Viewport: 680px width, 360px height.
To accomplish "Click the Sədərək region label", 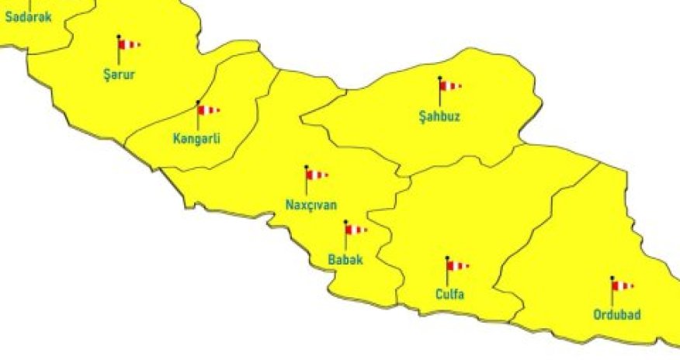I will [29, 16].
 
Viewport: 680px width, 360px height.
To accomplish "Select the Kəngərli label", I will [197, 140].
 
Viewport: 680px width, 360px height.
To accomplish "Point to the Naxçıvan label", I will [311, 206].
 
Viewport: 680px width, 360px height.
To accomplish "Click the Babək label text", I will [345, 260].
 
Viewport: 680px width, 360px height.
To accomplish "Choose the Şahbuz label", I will [439, 118].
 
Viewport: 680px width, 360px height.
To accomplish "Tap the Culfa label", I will [449, 295].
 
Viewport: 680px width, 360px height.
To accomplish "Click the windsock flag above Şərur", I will [129, 45].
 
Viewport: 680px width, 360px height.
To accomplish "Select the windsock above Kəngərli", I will [208, 110].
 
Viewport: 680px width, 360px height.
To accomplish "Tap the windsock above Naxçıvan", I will [317, 175].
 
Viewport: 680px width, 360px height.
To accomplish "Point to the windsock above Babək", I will [356, 230].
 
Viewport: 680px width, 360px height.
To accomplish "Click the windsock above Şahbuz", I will [450, 86].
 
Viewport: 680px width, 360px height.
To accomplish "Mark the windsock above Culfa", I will [457, 265].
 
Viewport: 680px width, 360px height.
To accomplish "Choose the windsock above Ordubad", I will [623, 286].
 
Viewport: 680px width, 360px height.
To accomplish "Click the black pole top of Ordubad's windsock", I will [612, 278].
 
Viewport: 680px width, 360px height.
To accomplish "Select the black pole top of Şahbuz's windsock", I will [439, 78].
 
